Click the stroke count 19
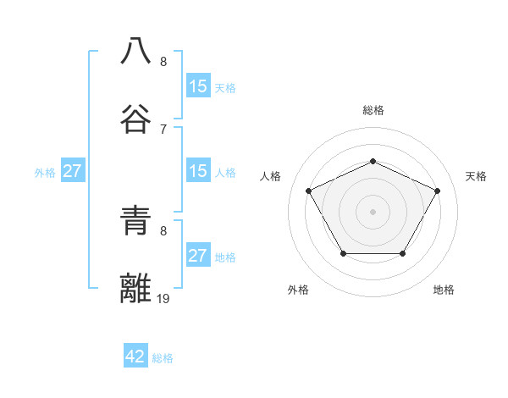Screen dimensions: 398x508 click(163, 298)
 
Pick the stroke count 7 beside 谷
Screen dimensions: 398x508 click(163, 129)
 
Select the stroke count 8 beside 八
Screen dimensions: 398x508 click(163, 61)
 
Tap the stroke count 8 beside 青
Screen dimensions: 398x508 click(163, 230)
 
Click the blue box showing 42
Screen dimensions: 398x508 click(135, 357)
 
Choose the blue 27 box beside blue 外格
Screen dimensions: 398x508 click(73, 171)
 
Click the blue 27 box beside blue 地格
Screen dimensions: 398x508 click(197, 256)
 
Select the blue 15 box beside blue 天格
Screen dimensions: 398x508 click(197, 86)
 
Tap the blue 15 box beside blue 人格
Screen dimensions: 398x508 click(197, 171)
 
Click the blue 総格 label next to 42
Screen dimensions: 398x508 click(163, 358)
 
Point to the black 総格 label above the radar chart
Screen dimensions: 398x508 click(373, 110)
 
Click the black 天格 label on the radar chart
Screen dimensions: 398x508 click(476, 176)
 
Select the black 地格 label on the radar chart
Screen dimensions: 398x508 click(444, 290)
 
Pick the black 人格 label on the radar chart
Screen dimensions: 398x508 click(270, 176)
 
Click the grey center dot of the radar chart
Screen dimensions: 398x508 click(373, 211)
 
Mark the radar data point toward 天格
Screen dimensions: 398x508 click(437, 191)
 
